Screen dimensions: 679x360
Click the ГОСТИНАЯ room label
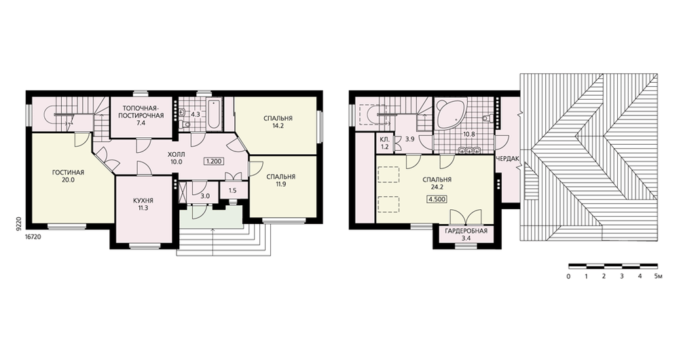point(68,173)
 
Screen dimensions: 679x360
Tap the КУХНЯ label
point(143,200)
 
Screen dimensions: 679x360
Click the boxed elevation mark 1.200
point(214,162)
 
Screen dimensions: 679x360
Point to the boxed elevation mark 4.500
point(437,199)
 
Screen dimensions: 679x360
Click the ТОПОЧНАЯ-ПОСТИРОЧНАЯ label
point(143,112)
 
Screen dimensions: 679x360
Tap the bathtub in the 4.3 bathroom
point(215,115)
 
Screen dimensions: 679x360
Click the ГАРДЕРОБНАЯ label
point(466,231)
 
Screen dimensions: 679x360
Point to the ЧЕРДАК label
point(507,159)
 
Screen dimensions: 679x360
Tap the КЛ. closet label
point(384,140)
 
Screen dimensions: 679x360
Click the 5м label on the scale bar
point(658,276)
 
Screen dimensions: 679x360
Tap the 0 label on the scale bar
point(568,276)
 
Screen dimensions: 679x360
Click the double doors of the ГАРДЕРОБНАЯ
point(466,217)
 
